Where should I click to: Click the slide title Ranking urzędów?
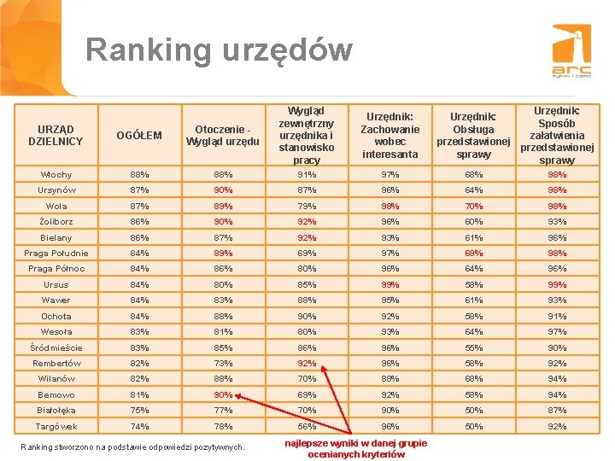219,50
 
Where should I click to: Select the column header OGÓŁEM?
139,135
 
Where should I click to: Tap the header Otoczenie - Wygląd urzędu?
223,135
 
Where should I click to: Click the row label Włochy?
56,175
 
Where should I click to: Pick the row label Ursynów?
56,190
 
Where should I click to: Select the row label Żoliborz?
56,222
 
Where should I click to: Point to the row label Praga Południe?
56,254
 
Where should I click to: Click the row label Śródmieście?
56,347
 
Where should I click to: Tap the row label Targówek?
56,426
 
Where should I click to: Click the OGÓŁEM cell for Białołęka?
139,411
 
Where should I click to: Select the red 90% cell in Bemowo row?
223,394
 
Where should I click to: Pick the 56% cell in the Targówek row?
307,426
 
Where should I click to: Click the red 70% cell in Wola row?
474,206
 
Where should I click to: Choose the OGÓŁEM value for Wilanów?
139,379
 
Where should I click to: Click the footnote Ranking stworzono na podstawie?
132,446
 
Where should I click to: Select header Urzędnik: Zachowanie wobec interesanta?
389,135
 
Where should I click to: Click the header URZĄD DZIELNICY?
56,135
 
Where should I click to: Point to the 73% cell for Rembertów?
223,363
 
